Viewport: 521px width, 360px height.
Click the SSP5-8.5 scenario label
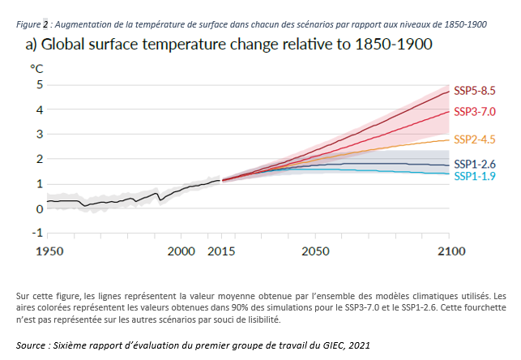(x=474, y=91)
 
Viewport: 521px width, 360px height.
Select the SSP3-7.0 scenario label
(x=474, y=111)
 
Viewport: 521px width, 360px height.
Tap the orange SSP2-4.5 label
(x=474, y=139)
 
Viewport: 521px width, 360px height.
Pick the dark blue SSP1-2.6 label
(x=474, y=164)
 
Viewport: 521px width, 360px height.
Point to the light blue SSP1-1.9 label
(x=474, y=176)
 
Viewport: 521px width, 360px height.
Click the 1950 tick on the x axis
(x=47, y=251)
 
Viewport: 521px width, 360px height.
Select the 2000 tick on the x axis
(x=181, y=251)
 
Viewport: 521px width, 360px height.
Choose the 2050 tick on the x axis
(x=315, y=251)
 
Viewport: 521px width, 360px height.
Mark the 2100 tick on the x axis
(x=448, y=251)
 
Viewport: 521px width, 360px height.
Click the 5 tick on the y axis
(x=38, y=84)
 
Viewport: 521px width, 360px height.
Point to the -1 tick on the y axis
(x=36, y=233)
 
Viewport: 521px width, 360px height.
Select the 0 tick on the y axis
(x=38, y=208)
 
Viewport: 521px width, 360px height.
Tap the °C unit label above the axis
(x=36, y=68)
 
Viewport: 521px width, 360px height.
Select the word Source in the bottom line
(x=33, y=345)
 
